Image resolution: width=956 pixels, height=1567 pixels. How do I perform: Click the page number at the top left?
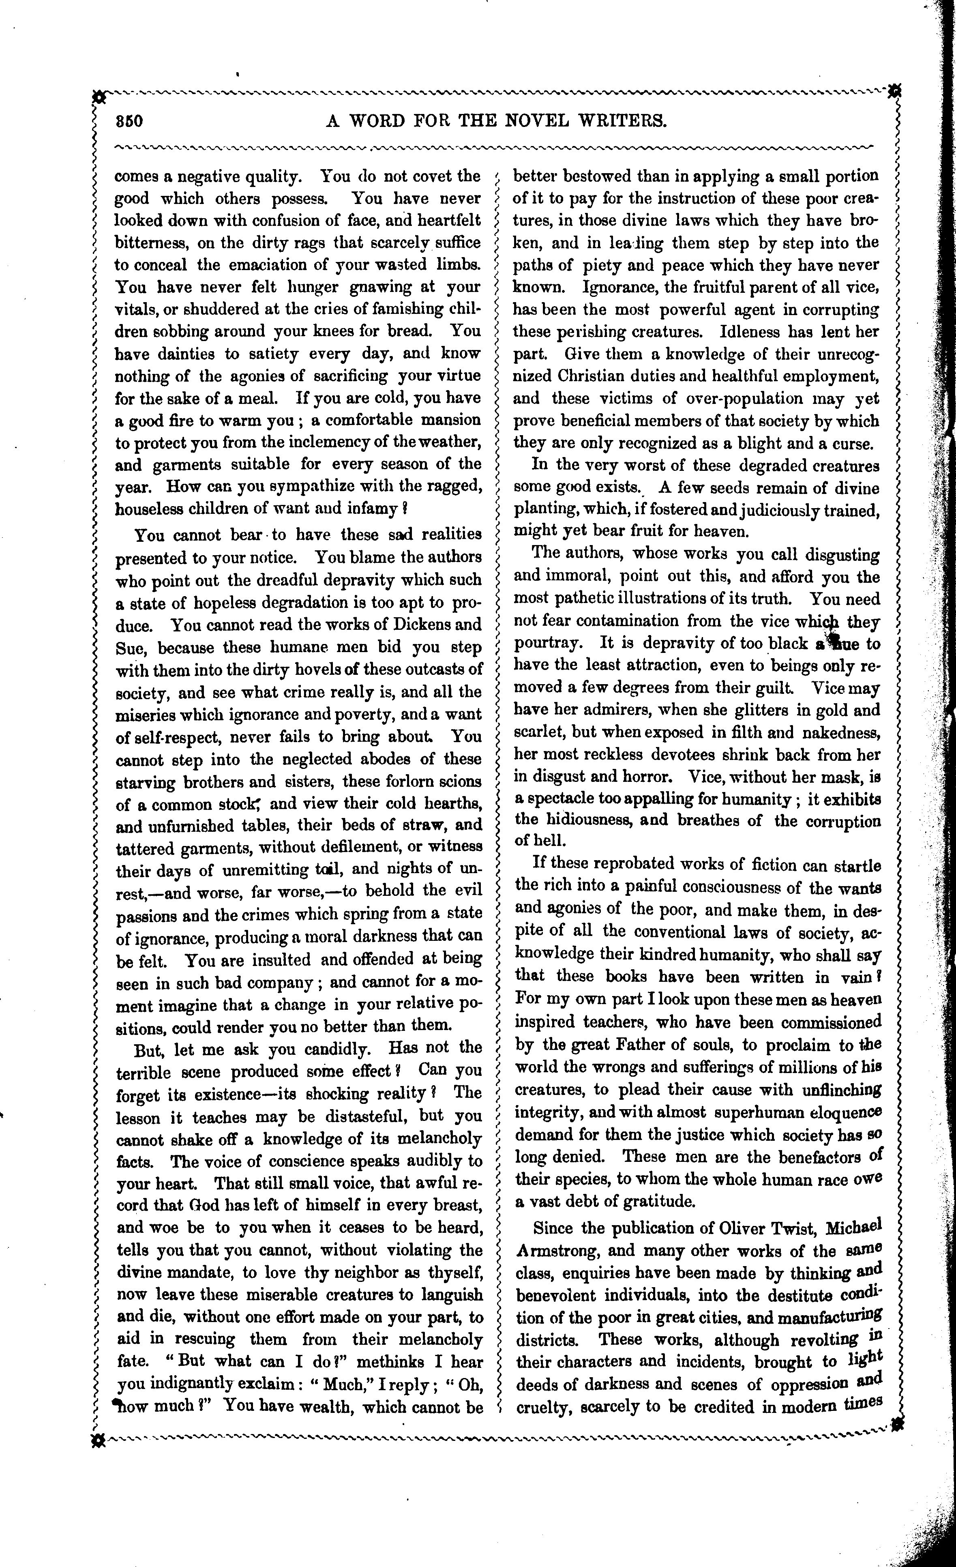(130, 121)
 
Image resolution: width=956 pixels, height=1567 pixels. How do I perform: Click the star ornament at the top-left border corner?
(99, 97)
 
